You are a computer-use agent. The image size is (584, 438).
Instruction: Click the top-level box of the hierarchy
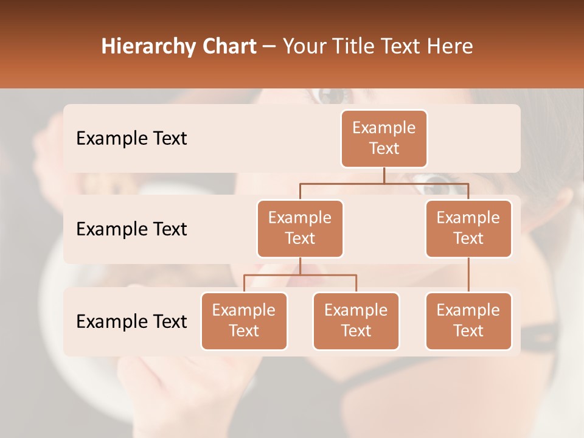pyautogui.click(x=384, y=138)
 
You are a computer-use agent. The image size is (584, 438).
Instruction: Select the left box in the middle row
pyautogui.click(x=300, y=228)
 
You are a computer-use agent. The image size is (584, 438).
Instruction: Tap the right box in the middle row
pyautogui.click(x=468, y=228)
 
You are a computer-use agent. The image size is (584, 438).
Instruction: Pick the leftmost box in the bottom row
pyautogui.click(x=244, y=321)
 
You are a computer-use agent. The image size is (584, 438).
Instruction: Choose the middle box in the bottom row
pyautogui.click(x=356, y=321)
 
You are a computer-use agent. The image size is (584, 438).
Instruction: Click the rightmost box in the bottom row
pyautogui.click(x=468, y=321)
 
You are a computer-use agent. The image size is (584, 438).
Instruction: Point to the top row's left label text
pyautogui.click(x=131, y=139)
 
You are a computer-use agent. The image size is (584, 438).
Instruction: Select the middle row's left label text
pyautogui.click(x=131, y=229)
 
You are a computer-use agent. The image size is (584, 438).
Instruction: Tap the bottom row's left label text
pyautogui.click(x=131, y=322)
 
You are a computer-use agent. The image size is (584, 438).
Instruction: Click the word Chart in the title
pyautogui.click(x=228, y=46)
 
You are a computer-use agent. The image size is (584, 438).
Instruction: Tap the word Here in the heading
pyautogui.click(x=451, y=46)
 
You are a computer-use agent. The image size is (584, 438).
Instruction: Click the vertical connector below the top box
pyautogui.click(x=384, y=175)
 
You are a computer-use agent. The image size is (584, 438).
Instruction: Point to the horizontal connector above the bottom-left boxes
pyautogui.click(x=300, y=275)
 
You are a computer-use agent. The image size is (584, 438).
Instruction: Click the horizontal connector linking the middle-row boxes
pyautogui.click(x=384, y=182)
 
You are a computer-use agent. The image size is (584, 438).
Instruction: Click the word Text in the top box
pyautogui.click(x=384, y=148)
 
